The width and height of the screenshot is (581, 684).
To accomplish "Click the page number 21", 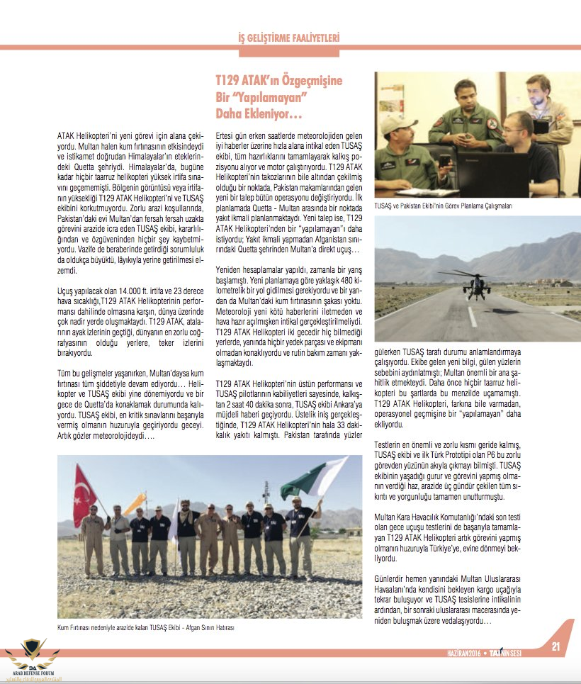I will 555,646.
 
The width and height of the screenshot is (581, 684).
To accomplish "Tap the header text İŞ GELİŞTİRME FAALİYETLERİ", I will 288,37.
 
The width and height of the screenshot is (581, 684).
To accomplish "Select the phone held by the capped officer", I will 444,160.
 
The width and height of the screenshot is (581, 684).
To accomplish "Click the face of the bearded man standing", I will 538,87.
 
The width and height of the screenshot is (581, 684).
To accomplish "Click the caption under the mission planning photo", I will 443,206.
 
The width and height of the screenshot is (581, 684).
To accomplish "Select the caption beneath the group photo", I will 145,628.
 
